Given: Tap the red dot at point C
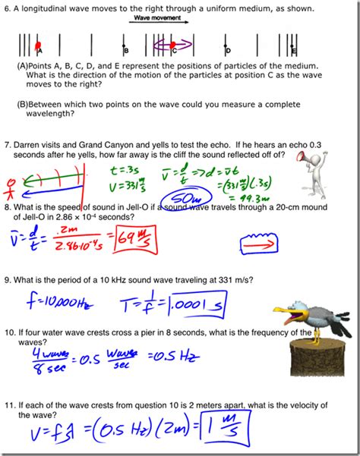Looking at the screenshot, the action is [174, 46].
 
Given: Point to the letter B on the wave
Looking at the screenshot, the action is [127, 51].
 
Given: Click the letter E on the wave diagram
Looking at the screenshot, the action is [294, 51].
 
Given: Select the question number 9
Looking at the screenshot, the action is [8, 279].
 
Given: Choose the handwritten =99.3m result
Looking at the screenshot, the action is [243, 198].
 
